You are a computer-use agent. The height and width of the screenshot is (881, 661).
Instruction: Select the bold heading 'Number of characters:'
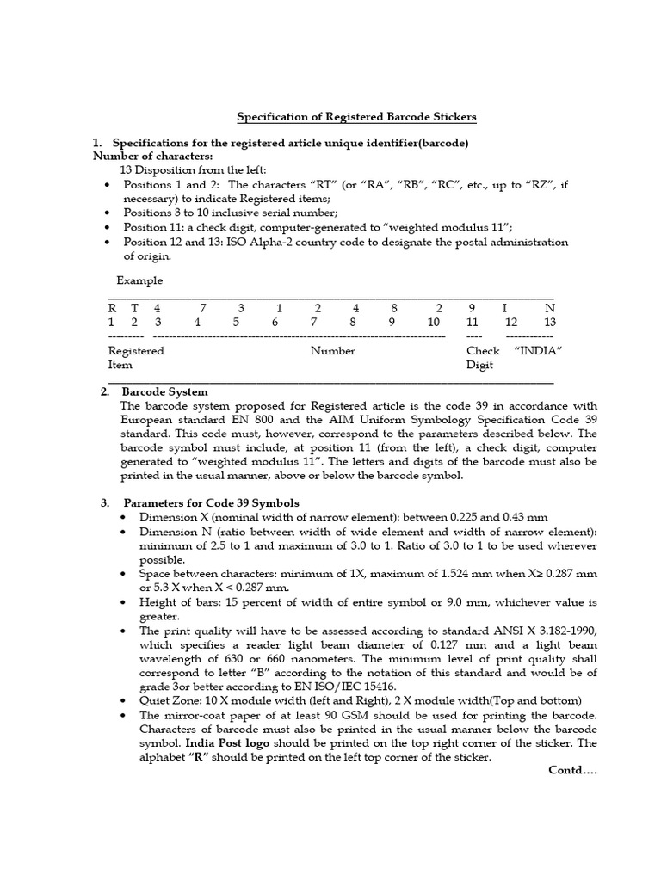tap(153, 156)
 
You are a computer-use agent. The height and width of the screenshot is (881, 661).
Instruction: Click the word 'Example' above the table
tap(139, 281)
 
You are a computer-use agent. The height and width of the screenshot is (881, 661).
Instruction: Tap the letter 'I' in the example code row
tap(505, 307)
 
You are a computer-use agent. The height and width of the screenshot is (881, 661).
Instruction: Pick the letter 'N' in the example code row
tap(550, 307)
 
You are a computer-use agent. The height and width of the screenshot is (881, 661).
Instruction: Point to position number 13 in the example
tap(550, 322)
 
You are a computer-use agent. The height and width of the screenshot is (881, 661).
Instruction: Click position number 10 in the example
tap(434, 322)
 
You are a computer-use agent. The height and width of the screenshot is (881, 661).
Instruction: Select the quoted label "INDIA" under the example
tap(538, 351)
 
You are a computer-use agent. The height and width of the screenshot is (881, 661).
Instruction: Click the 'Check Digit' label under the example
tap(483, 358)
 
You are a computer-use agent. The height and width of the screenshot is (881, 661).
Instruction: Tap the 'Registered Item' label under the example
tap(136, 358)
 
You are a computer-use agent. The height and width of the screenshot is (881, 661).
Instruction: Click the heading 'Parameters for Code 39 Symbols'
tap(211, 502)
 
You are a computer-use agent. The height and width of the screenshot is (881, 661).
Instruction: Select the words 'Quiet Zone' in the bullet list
tap(166, 700)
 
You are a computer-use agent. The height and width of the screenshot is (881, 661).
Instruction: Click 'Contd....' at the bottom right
tap(572, 770)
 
